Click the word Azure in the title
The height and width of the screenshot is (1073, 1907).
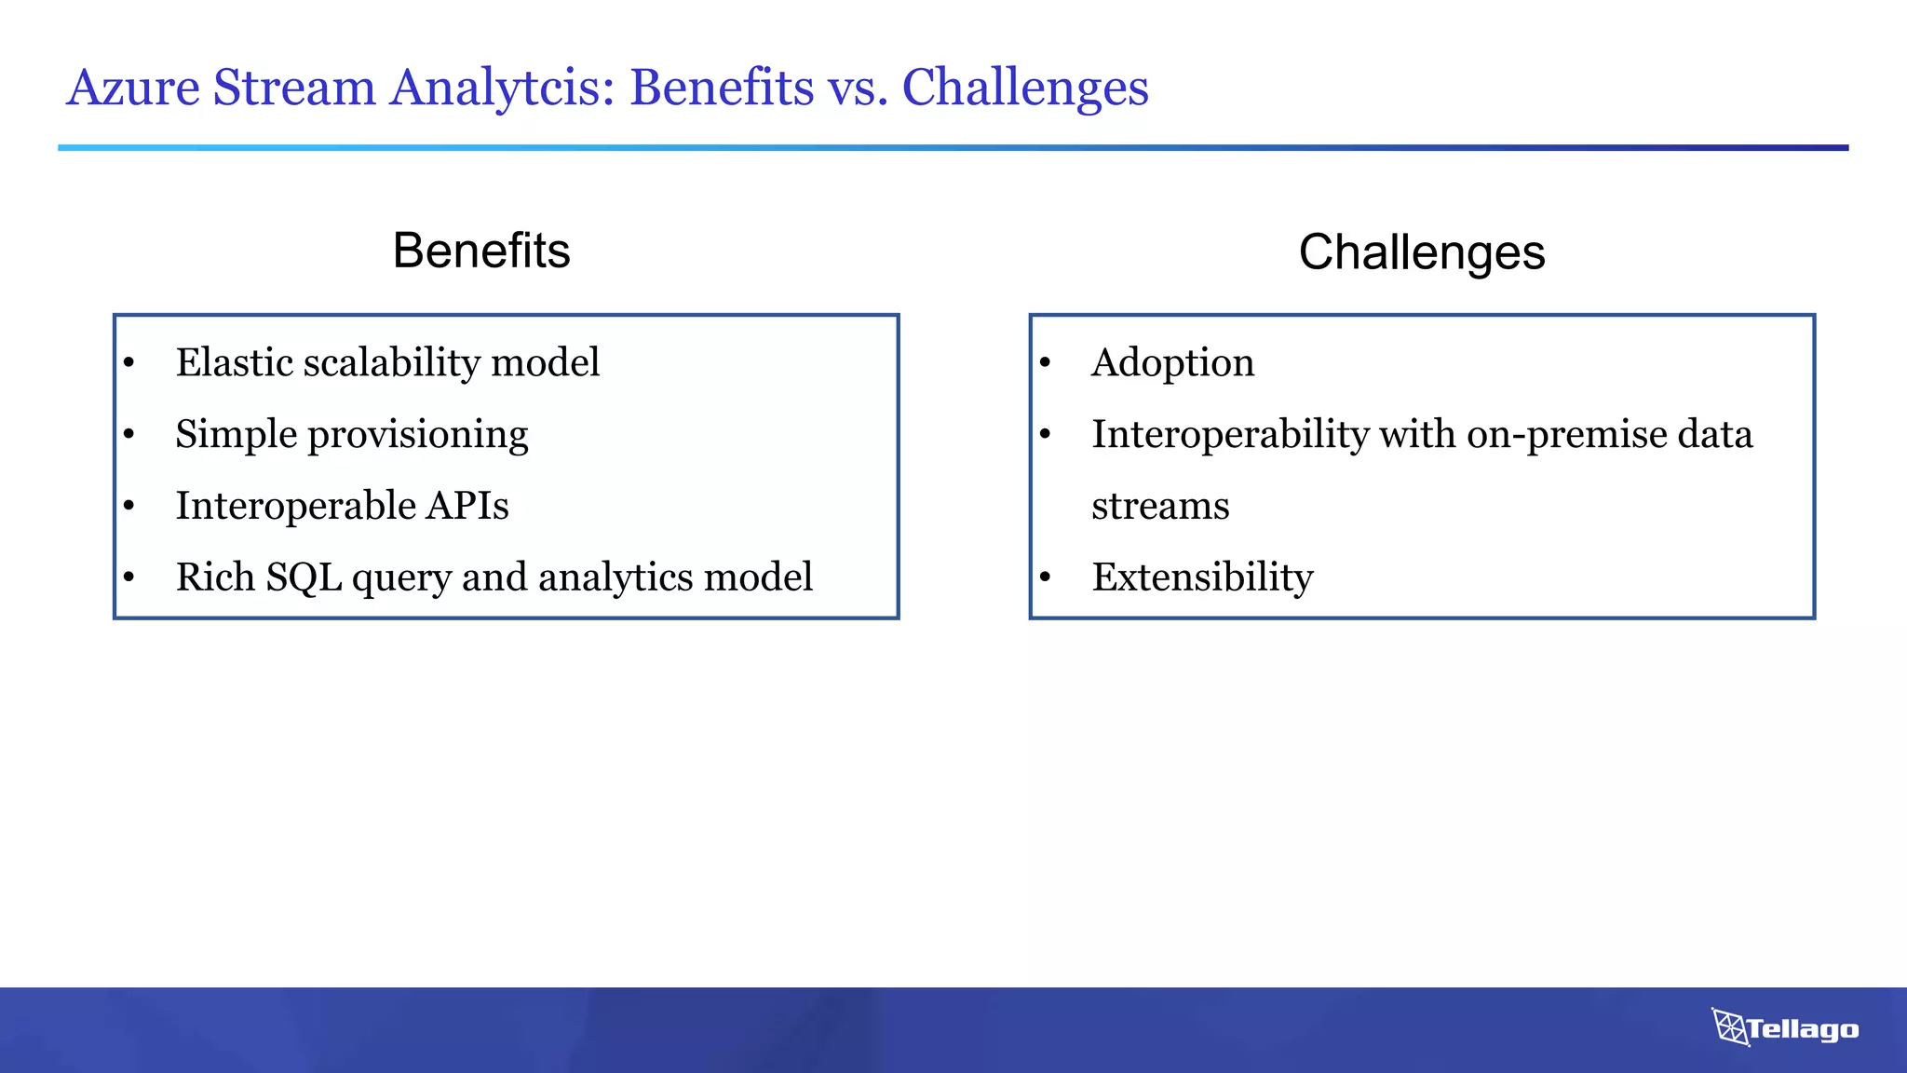click(133, 88)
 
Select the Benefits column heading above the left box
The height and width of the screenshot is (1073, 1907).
click(481, 251)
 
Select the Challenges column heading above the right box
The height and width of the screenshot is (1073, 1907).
click(1422, 252)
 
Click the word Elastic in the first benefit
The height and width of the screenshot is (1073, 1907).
click(235, 362)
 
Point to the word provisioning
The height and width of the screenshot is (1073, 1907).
click(418, 435)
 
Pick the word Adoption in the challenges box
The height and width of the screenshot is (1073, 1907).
click(1172, 363)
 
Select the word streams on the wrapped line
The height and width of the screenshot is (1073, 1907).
click(1160, 507)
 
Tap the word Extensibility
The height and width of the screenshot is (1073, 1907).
click(1202, 577)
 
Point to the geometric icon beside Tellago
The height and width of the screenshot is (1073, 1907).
click(1730, 1026)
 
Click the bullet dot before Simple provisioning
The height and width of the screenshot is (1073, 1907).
click(129, 435)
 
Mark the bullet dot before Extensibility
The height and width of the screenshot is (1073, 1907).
click(1046, 578)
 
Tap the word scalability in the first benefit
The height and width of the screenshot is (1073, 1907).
click(392, 362)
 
